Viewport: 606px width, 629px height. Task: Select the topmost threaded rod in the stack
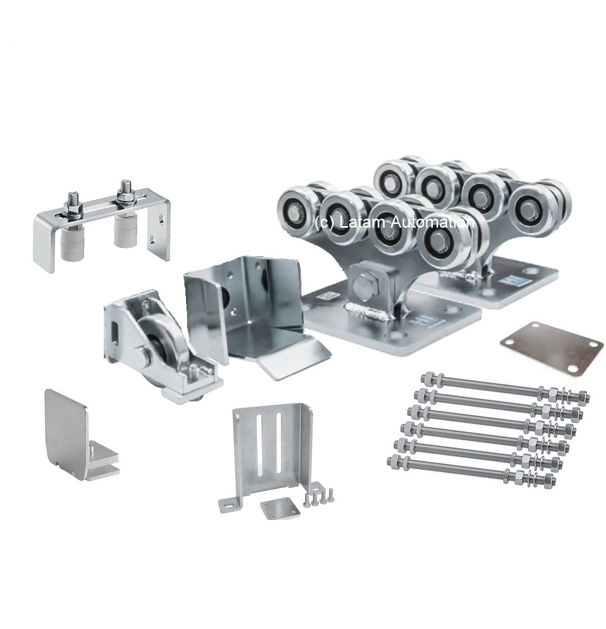(505, 387)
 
